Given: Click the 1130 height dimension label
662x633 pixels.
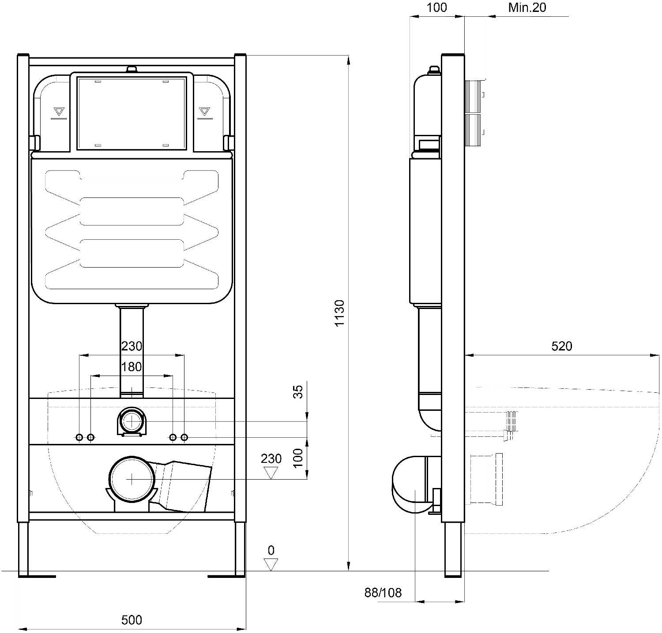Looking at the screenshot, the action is [x=339, y=313].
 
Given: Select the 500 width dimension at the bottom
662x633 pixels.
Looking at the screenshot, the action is [x=132, y=620].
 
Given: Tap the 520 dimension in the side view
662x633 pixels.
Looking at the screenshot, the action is [x=561, y=346].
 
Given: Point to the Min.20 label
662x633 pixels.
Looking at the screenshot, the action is [x=527, y=7].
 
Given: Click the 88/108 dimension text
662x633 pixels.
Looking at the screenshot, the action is [x=383, y=592].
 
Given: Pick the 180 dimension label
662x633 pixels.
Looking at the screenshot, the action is [x=132, y=367].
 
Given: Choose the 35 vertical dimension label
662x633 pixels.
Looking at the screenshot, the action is [x=299, y=391].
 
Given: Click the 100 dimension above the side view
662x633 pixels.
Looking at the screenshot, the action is [x=437, y=7].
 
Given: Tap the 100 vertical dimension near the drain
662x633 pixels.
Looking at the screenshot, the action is [x=299, y=458].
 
